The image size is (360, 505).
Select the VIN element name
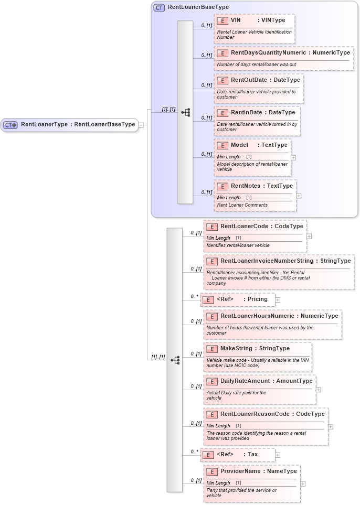(236, 20)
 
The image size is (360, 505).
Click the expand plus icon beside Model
(293, 157)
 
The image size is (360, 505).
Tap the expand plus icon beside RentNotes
(299, 196)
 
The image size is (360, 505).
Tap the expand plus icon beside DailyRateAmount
(319, 390)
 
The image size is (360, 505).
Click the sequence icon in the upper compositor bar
(185, 112)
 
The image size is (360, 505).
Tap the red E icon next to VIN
(223, 20)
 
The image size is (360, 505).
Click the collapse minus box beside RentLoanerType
(142, 125)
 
